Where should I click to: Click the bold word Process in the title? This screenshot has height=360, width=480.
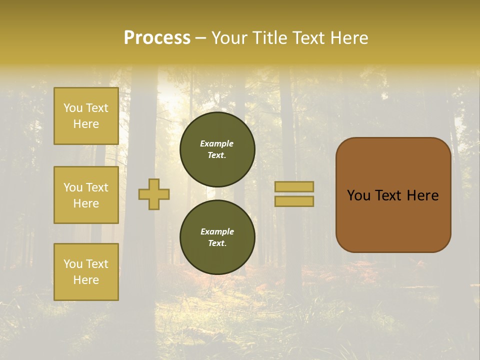[157, 38]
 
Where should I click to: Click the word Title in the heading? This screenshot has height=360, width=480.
[268, 38]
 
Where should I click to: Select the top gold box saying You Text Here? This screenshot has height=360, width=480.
[86, 116]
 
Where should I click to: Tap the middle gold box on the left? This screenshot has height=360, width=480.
[86, 195]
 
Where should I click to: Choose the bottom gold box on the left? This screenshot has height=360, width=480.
[86, 272]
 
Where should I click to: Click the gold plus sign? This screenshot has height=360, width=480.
[154, 194]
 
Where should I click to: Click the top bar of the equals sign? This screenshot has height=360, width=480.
[294, 186]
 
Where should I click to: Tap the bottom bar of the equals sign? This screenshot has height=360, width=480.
[294, 201]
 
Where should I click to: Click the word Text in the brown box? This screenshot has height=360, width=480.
[389, 195]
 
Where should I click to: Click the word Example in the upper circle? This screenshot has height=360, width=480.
[217, 143]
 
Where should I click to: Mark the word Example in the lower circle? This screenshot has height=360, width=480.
[217, 231]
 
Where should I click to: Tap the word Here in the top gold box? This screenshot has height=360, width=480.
[86, 124]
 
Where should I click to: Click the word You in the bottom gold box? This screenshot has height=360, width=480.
[73, 264]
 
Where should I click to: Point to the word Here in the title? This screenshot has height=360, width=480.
[348, 38]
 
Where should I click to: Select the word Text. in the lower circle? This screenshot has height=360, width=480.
[217, 243]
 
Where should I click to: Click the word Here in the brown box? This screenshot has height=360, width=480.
[423, 195]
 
